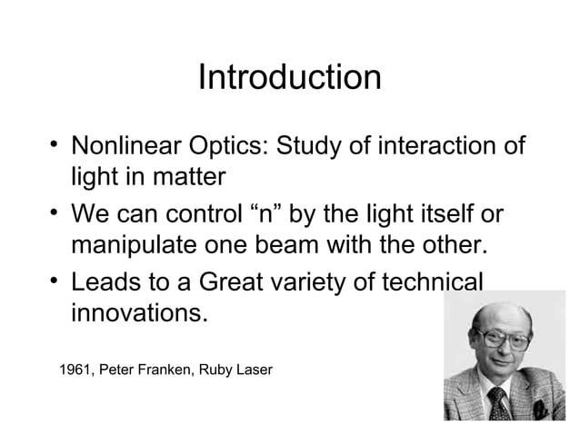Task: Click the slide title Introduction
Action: tap(289, 77)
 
